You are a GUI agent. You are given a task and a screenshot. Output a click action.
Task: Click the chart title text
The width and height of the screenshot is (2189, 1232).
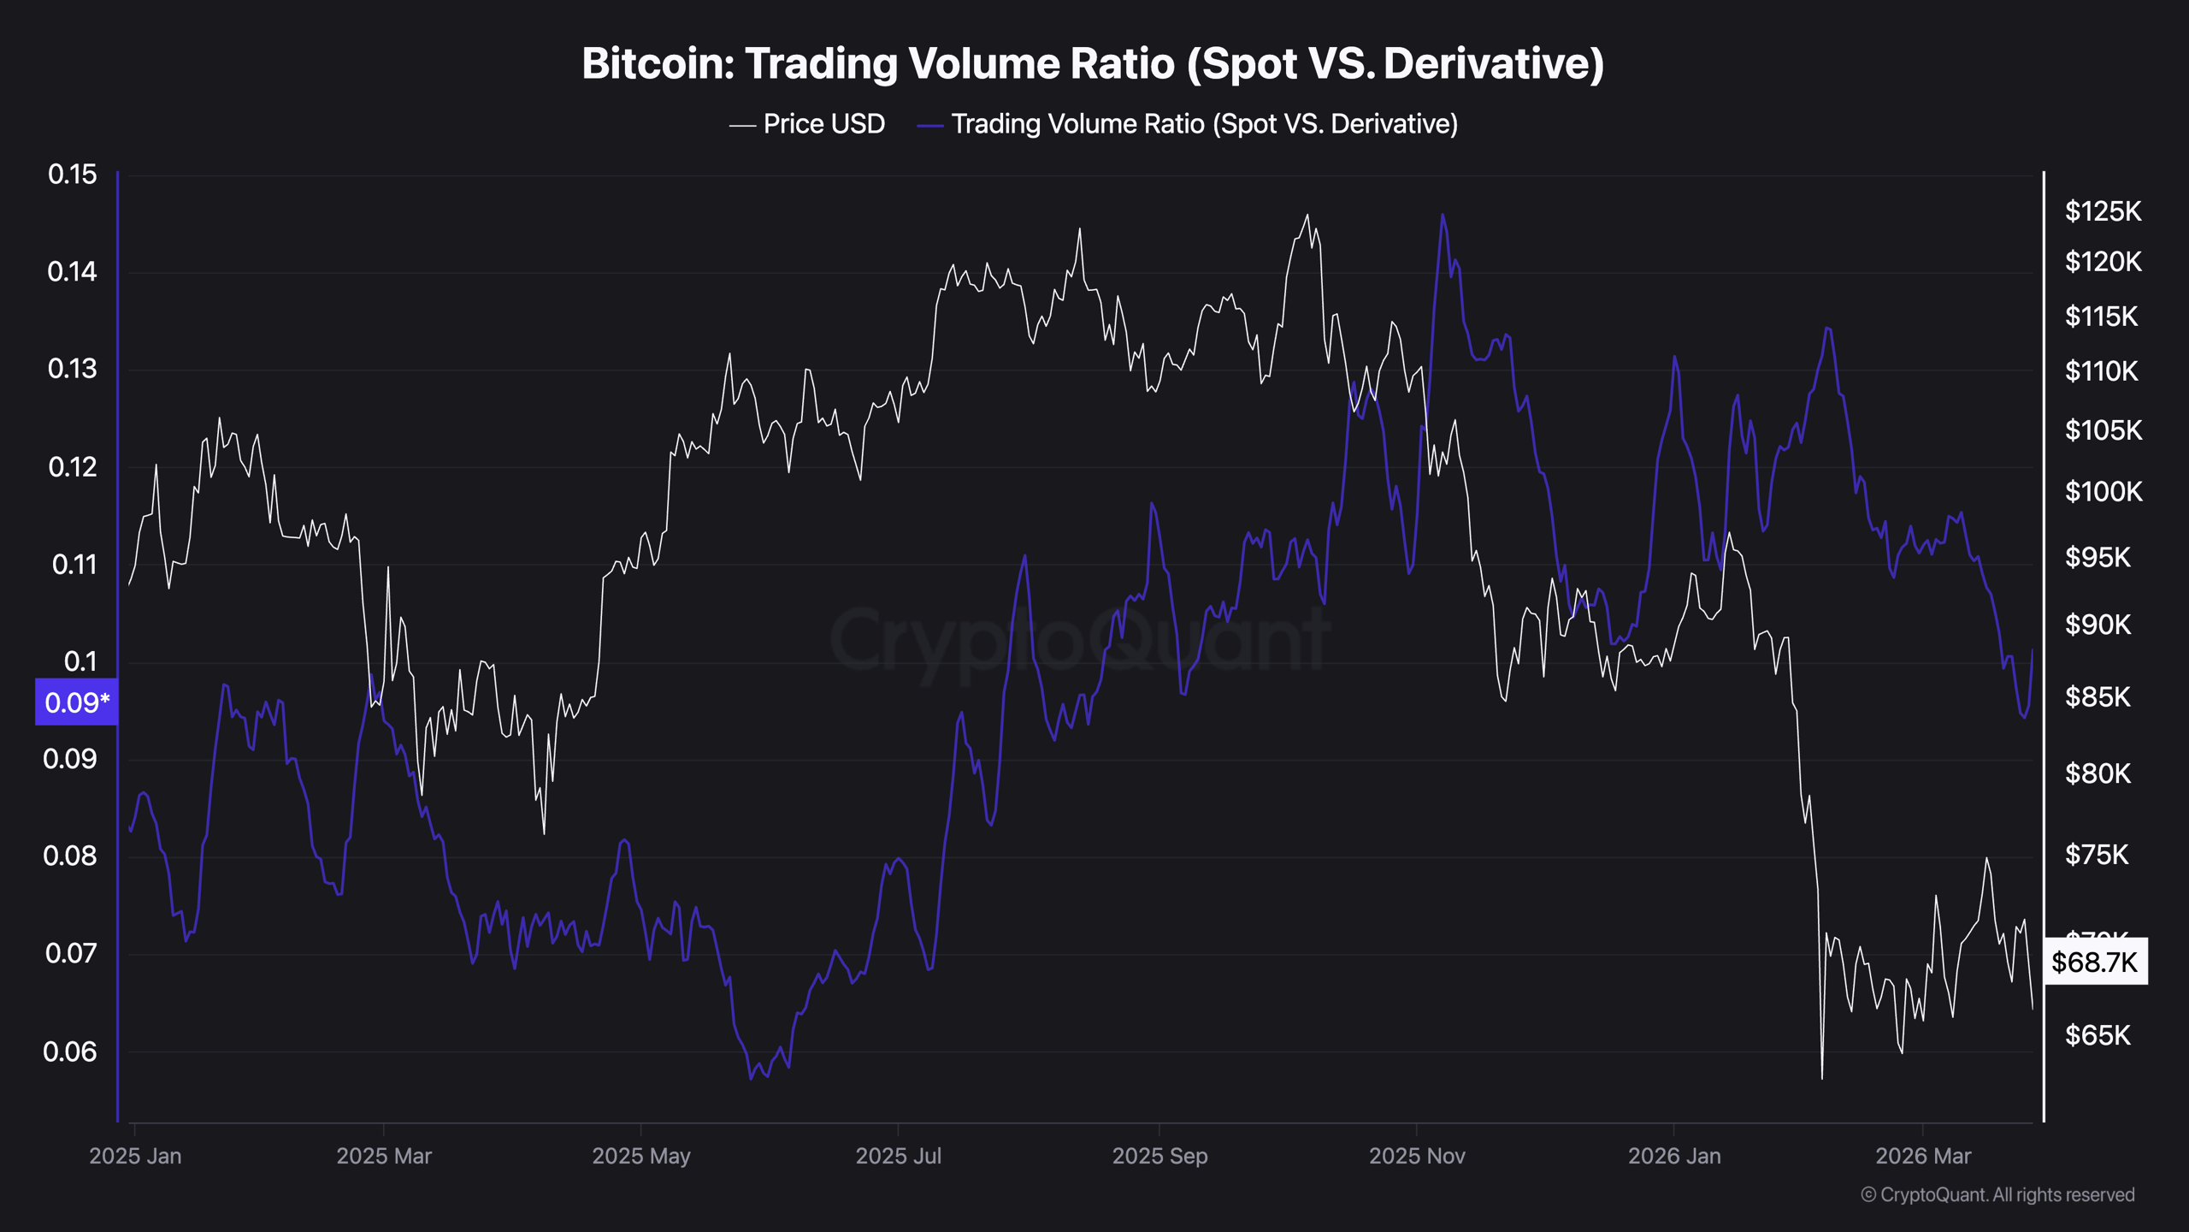tap(1093, 64)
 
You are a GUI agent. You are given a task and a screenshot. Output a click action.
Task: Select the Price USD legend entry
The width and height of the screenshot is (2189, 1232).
tap(808, 124)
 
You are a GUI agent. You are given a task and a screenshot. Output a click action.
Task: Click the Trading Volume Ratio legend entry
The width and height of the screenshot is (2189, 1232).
tap(1188, 124)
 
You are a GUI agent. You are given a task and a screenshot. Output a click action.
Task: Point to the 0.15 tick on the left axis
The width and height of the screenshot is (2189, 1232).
tap(73, 175)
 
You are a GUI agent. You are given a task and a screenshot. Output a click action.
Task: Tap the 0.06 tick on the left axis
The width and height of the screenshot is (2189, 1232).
tap(69, 1051)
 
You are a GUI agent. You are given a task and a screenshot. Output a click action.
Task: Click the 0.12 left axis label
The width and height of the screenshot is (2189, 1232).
tap(73, 467)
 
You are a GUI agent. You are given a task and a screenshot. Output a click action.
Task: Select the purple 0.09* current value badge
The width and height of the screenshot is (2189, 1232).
tap(76, 702)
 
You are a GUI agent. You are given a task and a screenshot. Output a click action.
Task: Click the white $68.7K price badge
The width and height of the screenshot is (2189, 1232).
tap(2094, 962)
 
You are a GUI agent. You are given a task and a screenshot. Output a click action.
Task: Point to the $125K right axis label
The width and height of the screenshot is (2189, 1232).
tap(2103, 211)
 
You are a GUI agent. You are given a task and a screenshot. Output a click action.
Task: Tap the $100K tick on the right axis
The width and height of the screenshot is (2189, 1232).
tap(2103, 492)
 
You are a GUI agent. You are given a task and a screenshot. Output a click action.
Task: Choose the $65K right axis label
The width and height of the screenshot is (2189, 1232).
tap(2098, 1036)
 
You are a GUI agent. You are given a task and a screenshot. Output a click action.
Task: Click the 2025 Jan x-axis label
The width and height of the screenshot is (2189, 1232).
tap(135, 1156)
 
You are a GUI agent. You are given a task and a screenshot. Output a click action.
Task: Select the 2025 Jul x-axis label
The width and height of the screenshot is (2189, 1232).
tap(898, 1156)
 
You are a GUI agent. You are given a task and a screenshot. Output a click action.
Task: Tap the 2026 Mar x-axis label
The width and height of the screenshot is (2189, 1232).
tap(1923, 1156)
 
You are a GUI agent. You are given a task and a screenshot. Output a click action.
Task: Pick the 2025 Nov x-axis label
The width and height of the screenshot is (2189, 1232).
tap(1417, 1156)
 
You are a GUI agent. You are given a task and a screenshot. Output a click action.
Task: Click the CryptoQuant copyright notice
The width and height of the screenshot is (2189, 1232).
tap(1997, 1194)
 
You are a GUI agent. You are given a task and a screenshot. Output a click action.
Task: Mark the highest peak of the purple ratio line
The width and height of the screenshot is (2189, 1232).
tap(1443, 215)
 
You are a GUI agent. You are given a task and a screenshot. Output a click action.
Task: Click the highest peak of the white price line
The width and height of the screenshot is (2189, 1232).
tap(1307, 215)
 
